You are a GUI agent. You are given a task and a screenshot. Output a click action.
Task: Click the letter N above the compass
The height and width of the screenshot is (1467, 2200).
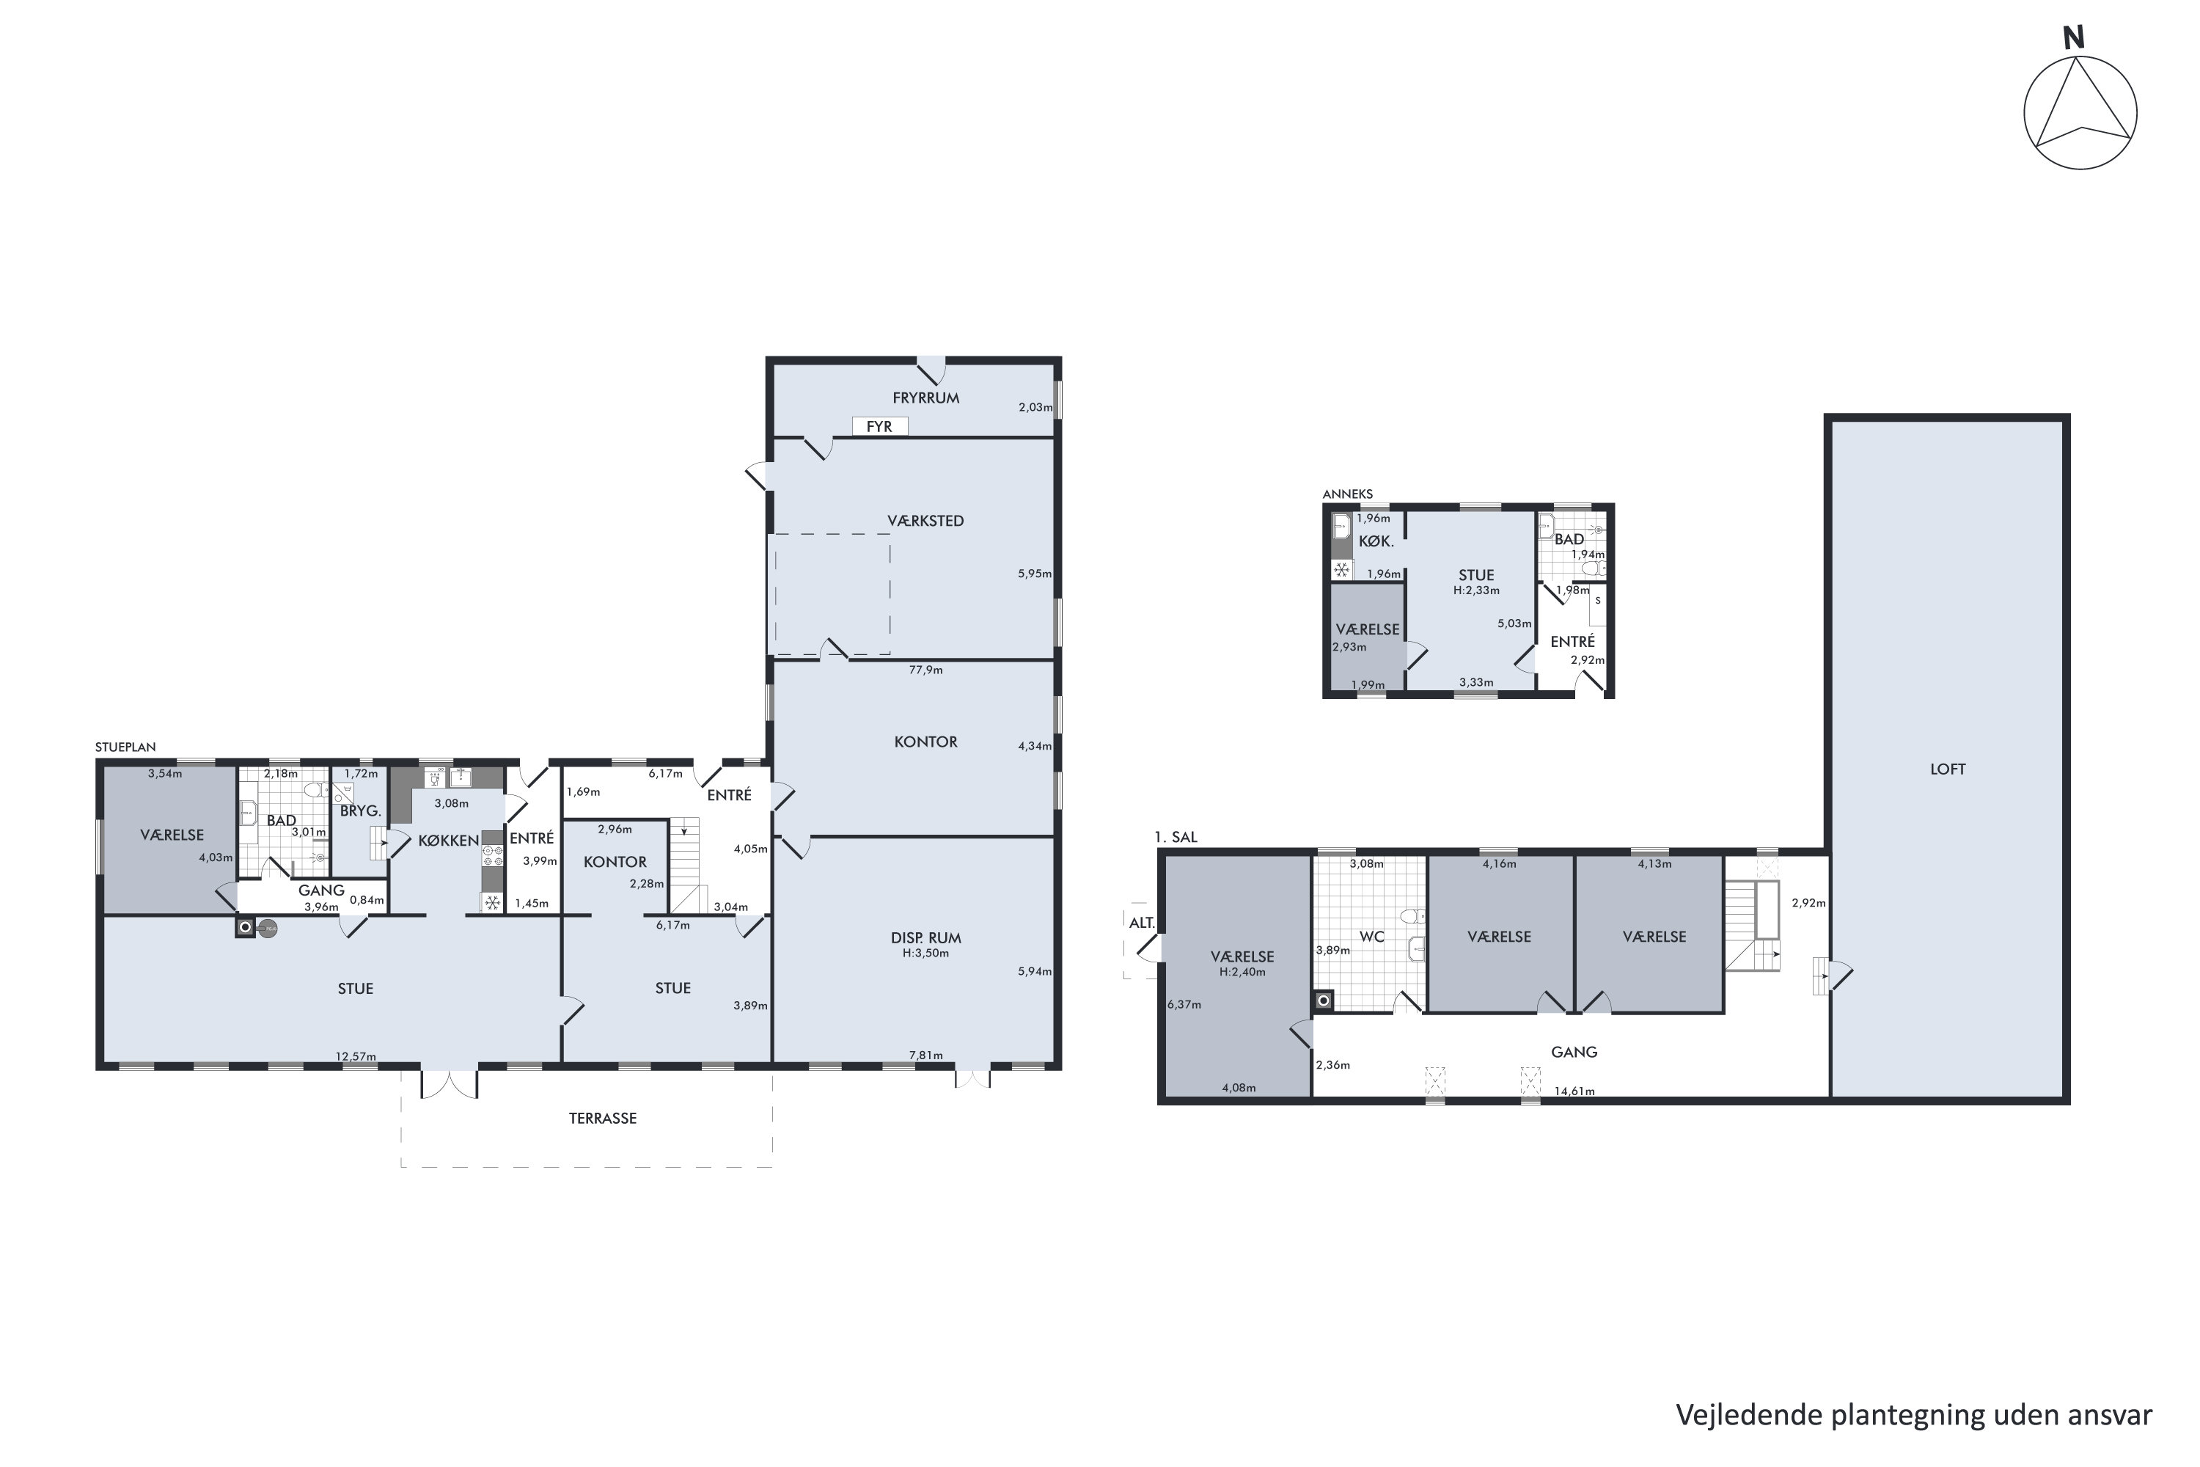2074,37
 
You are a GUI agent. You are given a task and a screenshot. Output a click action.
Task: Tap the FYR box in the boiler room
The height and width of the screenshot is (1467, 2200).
879,427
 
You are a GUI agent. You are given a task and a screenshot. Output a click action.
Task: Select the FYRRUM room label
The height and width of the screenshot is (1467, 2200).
926,398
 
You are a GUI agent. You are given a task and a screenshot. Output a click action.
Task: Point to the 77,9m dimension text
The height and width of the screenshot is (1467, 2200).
926,670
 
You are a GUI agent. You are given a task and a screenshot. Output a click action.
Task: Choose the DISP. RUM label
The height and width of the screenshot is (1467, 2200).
926,937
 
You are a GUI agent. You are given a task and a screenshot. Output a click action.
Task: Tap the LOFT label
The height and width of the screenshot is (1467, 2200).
1948,769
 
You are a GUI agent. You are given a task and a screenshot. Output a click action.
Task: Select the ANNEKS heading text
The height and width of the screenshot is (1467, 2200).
1347,494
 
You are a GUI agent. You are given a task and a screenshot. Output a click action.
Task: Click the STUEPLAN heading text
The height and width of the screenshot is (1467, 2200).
125,747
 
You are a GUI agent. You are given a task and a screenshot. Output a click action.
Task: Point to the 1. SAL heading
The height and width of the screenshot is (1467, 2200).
1176,838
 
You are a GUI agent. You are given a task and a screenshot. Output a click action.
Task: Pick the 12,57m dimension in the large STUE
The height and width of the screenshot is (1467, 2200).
356,1057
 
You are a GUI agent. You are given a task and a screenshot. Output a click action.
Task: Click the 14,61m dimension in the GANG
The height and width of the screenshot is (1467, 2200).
1574,1091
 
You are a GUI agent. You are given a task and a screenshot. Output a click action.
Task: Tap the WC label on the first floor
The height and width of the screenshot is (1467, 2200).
1371,937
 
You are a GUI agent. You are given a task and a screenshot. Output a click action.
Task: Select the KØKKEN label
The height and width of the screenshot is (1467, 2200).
449,841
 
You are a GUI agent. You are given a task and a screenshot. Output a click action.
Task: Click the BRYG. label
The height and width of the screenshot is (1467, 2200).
360,811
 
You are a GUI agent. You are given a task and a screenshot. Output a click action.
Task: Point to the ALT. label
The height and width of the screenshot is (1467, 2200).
1142,923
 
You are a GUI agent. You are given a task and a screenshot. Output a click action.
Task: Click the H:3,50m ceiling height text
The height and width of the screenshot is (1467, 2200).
926,954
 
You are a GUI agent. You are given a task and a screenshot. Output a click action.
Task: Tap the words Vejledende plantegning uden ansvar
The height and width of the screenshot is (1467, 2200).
1914,1415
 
